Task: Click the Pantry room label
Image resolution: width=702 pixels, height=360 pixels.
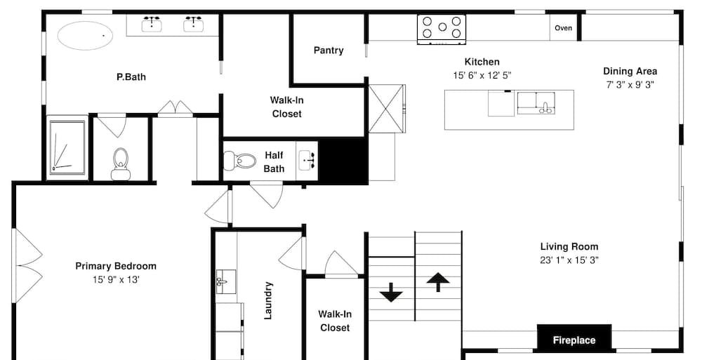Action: tap(329, 50)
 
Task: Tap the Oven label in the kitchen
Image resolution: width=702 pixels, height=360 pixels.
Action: tap(563, 28)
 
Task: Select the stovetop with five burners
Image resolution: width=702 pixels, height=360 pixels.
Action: tap(442, 29)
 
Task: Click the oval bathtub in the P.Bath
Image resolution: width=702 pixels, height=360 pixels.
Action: tap(85, 35)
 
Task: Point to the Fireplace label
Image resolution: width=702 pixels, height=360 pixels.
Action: tap(574, 340)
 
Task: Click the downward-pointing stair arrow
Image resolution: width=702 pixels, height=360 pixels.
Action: tap(391, 293)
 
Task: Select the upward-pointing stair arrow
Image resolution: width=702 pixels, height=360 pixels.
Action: tap(438, 283)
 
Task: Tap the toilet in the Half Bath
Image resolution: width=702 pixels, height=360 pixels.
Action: tap(239, 160)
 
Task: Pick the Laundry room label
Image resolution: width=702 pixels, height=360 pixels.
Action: tap(267, 300)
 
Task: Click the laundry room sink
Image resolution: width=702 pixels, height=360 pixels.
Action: tap(226, 281)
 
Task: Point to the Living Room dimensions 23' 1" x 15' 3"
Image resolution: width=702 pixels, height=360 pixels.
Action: tap(569, 260)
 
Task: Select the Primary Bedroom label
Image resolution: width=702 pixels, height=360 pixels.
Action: tap(116, 267)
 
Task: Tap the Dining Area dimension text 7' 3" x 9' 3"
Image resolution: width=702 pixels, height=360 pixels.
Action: tap(630, 85)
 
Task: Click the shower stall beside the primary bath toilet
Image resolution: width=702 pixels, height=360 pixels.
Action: tap(67, 147)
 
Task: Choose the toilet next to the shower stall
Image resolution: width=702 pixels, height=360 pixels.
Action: tap(121, 164)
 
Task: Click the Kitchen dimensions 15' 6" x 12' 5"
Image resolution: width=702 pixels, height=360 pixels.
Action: tap(482, 76)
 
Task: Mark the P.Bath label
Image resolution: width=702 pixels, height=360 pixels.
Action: tap(131, 77)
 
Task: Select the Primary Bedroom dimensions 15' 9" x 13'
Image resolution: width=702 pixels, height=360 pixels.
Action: tap(116, 280)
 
